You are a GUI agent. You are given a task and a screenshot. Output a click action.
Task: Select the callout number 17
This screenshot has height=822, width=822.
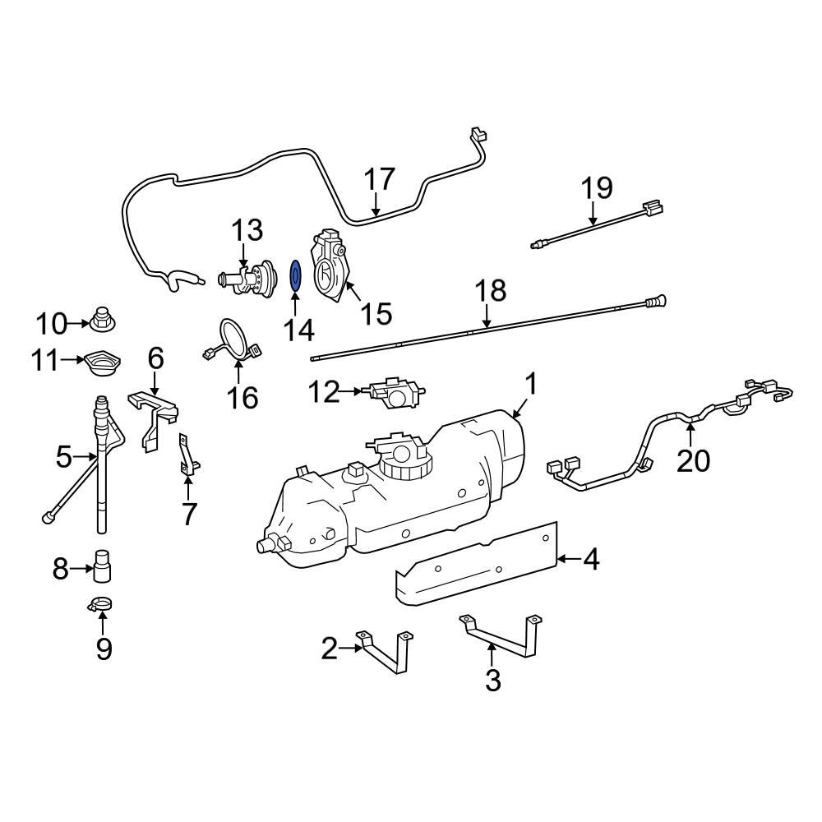379,179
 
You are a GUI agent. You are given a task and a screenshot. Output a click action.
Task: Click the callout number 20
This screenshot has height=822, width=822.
692,461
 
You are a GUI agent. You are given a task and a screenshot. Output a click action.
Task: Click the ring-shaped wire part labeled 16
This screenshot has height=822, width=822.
234,341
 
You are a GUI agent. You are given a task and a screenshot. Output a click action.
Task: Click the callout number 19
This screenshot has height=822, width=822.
598,188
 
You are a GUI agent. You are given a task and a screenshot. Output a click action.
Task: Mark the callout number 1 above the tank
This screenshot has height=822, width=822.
531,383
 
